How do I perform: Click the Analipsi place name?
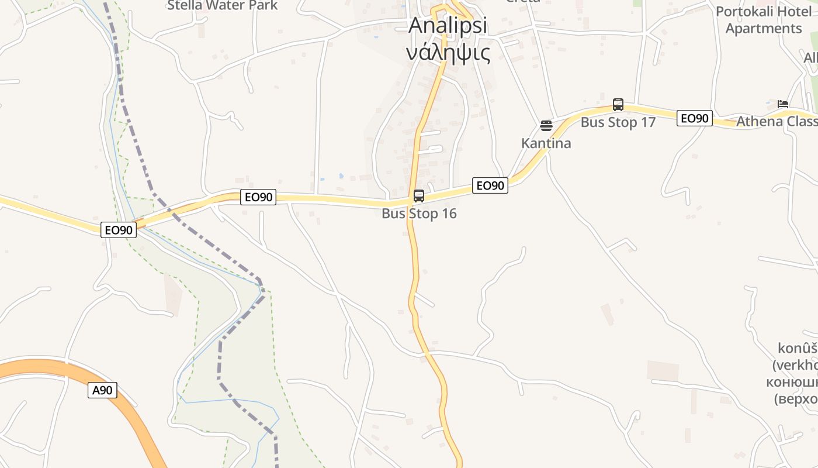(x=448, y=26)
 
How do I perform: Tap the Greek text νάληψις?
(x=448, y=52)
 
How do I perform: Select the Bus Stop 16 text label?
(x=419, y=214)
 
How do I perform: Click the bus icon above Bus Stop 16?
(x=419, y=196)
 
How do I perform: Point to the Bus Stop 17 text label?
(x=618, y=122)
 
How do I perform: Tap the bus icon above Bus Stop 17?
(x=618, y=105)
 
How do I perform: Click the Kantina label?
(x=546, y=143)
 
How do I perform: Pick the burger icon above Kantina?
(x=546, y=126)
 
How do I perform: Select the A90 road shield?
(x=102, y=390)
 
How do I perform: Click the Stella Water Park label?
(x=222, y=6)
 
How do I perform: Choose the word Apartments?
(x=764, y=29)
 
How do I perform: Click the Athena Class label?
(x=777, y=122)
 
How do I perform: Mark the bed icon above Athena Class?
(x=783, y=104)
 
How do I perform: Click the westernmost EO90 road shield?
(x=119, y=230)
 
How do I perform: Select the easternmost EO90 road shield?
(x=694, y=118)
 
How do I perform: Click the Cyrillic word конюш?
(x=792, y=382)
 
